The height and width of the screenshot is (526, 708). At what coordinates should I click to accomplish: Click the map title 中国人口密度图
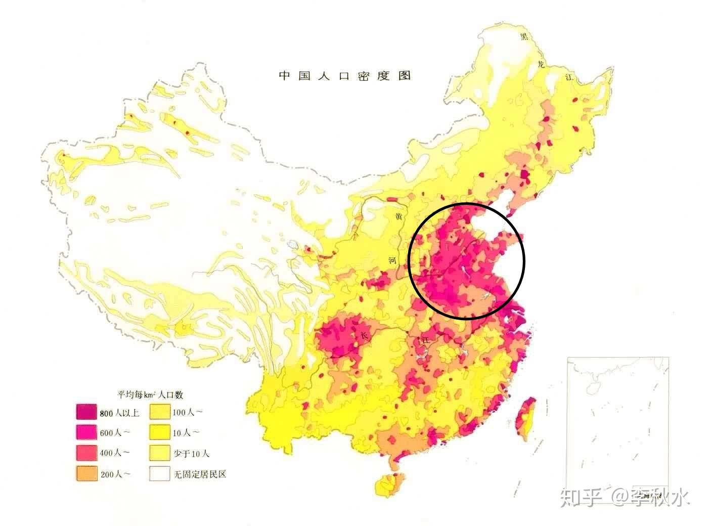345,76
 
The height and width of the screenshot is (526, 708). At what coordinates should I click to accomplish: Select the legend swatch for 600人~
86,432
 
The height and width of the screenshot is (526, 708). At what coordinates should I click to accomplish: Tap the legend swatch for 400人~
86,453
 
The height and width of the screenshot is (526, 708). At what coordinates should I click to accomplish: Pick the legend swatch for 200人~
86,474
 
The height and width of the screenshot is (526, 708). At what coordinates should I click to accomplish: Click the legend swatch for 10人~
160,432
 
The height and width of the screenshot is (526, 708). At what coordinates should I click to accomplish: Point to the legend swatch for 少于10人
160,453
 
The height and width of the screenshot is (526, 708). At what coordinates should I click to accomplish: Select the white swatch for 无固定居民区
160,474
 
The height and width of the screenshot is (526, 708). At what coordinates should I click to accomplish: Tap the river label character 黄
399,216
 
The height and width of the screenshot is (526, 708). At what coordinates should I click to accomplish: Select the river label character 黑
524,36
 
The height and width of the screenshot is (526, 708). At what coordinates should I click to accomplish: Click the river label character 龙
542,64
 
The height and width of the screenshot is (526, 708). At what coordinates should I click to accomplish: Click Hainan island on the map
387,485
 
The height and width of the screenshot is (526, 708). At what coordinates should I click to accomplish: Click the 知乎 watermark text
581,498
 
